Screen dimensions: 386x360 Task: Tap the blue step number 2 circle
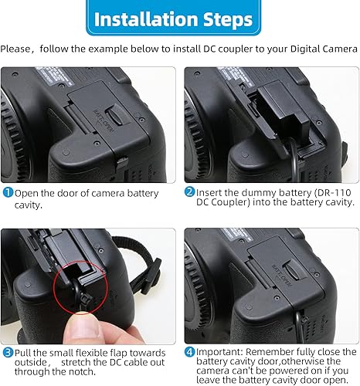tap(189, 193)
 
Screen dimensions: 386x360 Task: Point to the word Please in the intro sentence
tap(18, 49)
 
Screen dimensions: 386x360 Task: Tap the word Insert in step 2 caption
tap(210, 193)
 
